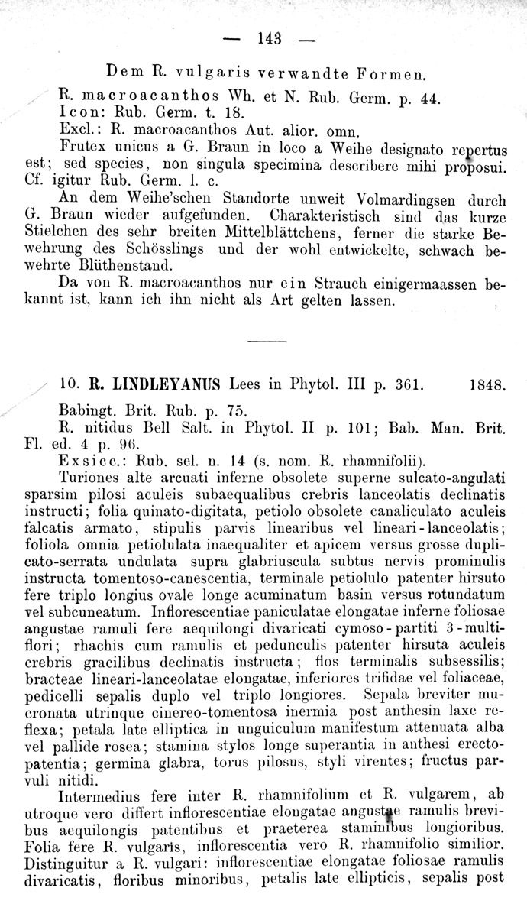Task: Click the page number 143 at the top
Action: pos(270,37)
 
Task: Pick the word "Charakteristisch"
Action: pos(340,217)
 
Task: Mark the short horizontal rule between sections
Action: pos(267,340)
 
